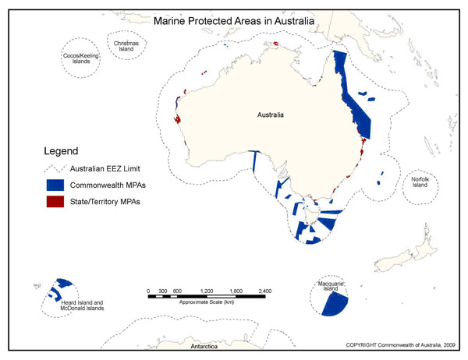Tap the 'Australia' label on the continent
pos(271,115)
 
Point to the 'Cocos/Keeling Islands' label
pos(81,59)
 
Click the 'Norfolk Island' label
pos(425,182)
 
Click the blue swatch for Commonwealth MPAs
pos(54,185)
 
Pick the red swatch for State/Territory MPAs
pos(54,203)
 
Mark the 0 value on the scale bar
pos(148,291)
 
